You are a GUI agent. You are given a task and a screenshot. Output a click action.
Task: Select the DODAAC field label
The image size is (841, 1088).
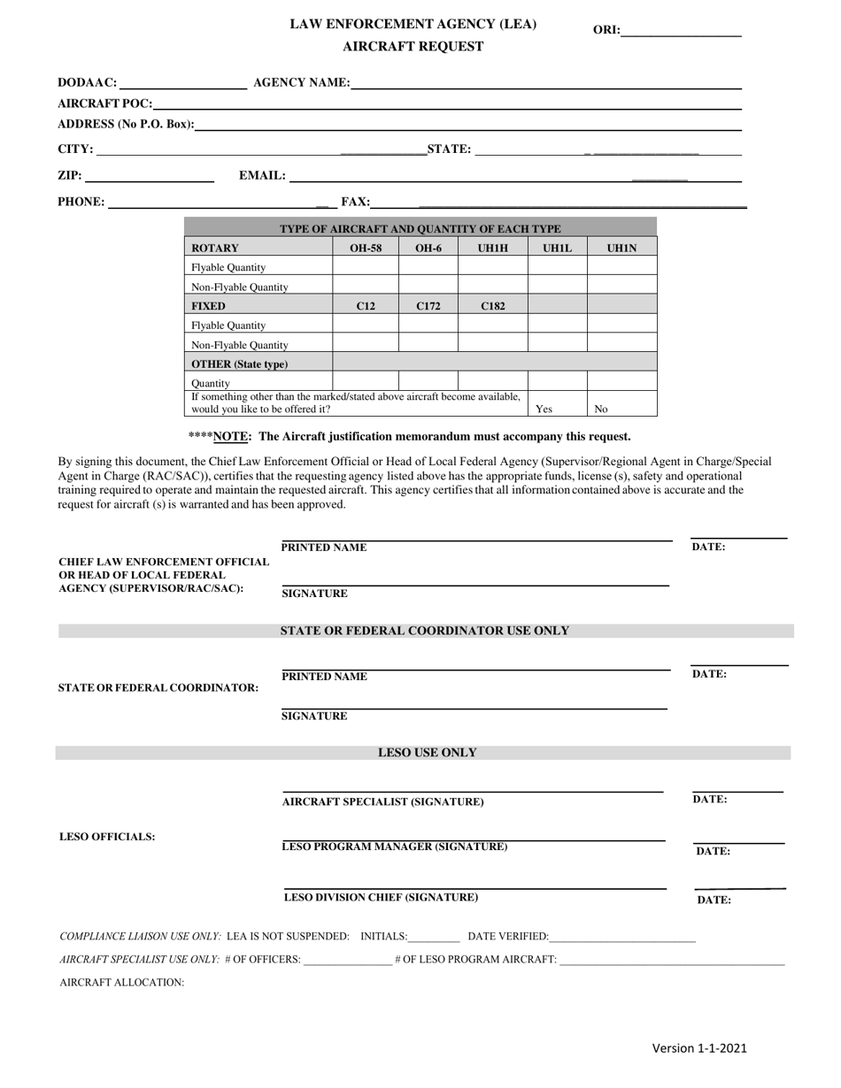87,83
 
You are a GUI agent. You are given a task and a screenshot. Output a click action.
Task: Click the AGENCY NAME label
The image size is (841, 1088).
301,83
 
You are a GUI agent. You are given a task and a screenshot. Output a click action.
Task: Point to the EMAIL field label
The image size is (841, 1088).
263,176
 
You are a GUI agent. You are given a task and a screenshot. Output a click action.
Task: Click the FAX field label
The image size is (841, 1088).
355,202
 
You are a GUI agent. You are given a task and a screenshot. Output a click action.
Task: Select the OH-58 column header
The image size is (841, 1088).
366,249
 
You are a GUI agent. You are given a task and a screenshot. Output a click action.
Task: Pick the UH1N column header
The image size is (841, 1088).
621,249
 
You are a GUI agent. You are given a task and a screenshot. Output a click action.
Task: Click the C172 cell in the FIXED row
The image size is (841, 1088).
428,306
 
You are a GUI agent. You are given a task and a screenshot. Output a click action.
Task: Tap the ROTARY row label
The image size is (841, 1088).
215,249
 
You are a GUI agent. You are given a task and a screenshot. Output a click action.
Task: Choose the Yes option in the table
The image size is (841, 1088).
544,409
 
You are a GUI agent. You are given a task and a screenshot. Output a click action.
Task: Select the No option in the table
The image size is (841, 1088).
601,409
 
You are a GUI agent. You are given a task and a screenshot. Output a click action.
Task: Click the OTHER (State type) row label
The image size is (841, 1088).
240,364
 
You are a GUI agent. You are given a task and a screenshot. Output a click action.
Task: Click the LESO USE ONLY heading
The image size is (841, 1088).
427,753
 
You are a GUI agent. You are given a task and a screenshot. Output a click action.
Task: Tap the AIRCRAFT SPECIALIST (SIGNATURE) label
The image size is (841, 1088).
382,801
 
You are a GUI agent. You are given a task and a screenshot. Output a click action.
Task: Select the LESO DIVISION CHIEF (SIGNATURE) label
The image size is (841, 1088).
381,897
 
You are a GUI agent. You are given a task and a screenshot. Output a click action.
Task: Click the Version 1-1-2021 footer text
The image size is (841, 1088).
699,1048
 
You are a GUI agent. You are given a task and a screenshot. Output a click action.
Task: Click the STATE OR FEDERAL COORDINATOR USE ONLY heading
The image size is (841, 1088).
425,631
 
